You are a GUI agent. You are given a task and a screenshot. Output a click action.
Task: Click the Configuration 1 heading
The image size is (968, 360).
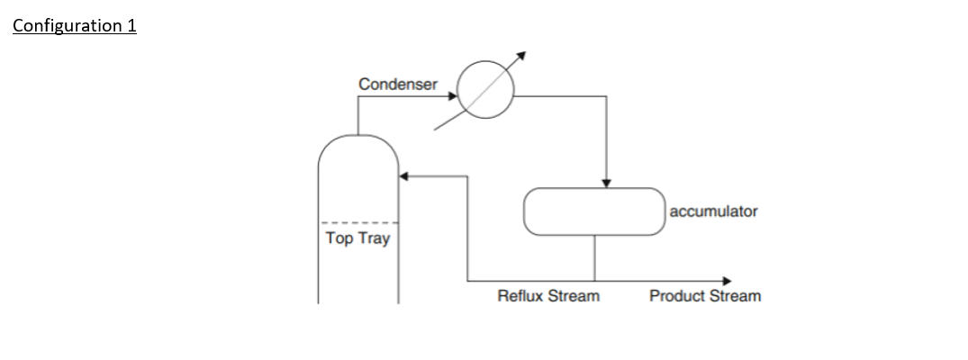point(74,25)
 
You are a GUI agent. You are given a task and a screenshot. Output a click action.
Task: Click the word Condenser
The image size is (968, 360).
point(397,84)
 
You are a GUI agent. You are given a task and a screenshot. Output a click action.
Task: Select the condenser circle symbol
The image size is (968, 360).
point(485,92)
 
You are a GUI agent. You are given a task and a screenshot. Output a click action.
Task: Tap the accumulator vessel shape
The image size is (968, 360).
point(594,211)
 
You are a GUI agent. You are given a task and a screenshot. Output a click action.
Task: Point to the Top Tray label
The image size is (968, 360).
point(357,239)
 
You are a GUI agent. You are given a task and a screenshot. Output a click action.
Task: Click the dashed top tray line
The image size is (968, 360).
point(358,223)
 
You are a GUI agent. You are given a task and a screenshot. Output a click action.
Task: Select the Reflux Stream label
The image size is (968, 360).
point(547,296)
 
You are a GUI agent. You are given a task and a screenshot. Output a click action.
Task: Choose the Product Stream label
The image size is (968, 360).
point(704,296)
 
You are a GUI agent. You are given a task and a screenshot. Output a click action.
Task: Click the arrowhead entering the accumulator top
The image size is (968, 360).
point(607,184)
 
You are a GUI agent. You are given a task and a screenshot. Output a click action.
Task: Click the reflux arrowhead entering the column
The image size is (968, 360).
point(404,176)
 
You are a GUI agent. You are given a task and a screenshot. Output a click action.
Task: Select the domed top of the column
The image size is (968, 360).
point(357,148)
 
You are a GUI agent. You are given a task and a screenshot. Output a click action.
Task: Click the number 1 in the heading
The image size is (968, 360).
point(131,25)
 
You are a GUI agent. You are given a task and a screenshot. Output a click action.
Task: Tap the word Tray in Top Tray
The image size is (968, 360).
point(375,239)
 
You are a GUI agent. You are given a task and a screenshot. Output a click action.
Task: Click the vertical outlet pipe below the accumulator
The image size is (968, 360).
point(594,257)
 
